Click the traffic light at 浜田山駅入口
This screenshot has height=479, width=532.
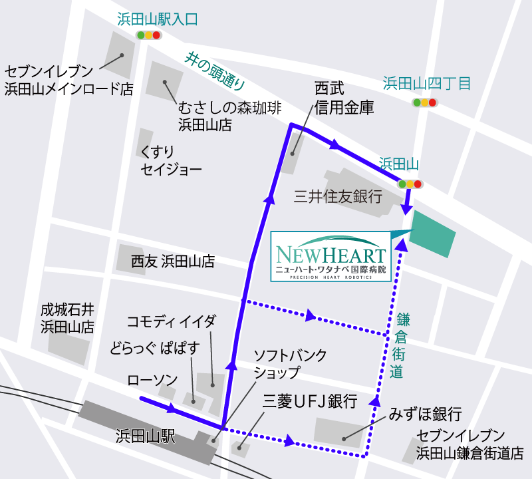pyautogui.click(x=148, y=35)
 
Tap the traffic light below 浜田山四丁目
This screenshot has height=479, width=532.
pyautogui.click(x=424, y=102)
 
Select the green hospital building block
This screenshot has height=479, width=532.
pyautogui.click(x=433, y=233)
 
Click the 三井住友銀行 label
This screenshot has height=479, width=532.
pyautogui.click(x=337, y=197)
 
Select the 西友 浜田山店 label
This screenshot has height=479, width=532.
pyautogui.click(x=172, y=261)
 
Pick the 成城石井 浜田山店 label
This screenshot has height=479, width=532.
pyautogui.click(x=67, y=318)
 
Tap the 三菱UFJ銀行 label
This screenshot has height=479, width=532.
pyautogui.click(x=310, y=401)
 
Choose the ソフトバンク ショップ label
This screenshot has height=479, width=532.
pyautogui.click(x=290, y=364)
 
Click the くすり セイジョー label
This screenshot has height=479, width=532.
pyautogui.click(x=170, y=161)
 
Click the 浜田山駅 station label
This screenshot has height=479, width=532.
pyautogui.click(x=145, y=437)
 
